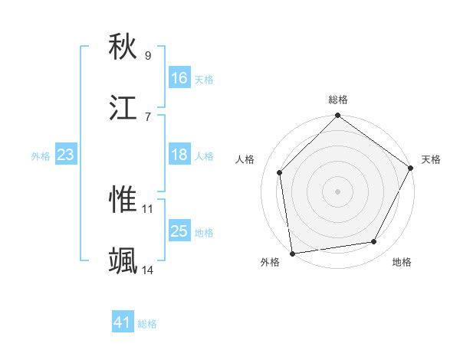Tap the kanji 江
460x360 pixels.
pos(123,108)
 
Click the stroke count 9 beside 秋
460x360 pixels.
pos(148,55)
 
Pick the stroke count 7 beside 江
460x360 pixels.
pos(148,116)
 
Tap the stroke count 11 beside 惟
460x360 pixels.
pos(148,208)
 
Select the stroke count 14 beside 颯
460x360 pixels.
pos(148,270)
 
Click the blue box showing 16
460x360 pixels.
pos(179,78)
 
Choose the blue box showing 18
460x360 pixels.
pos(179,155)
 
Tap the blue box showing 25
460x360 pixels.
pos(179,231)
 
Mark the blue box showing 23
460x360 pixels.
pos(66,155)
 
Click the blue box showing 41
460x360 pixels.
pos(123,323)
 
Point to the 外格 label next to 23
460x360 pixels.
pos(41,155)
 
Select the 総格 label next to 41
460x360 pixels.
pos(147,324)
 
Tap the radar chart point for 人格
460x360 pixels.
pos(280,172)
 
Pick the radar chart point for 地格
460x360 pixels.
pos(374,241)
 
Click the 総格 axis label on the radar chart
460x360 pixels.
pos(338,100)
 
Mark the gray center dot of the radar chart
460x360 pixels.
pos(338,191)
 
